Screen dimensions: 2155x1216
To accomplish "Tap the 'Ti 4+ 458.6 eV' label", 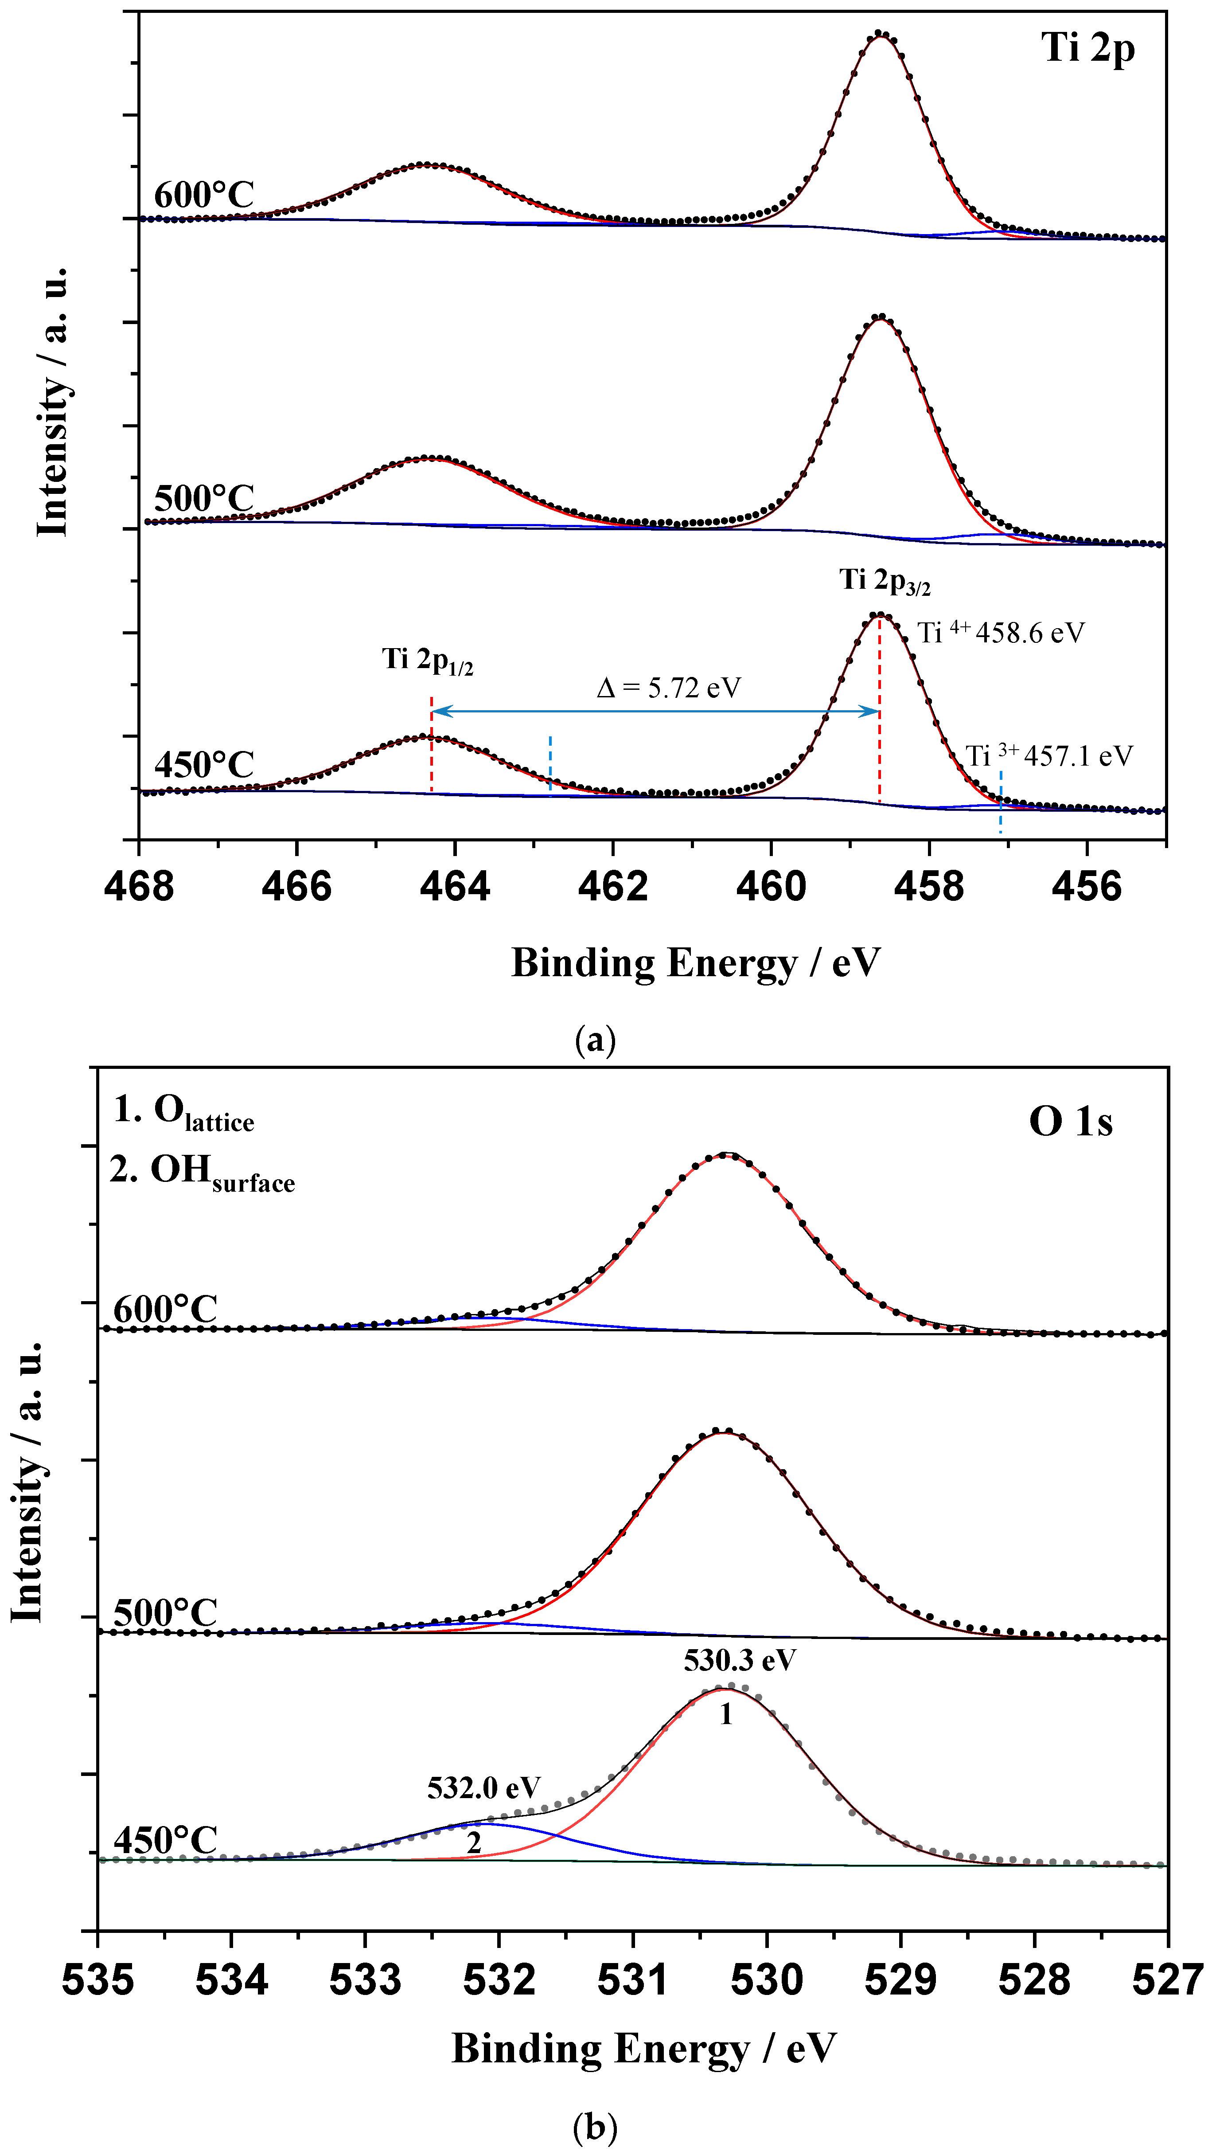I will click(1001, 633).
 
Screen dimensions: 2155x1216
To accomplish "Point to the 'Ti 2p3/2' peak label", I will click(885, 581).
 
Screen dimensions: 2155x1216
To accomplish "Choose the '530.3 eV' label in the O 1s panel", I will click(739, 1660).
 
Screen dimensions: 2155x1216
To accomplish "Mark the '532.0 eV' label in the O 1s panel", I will click(483, 1788).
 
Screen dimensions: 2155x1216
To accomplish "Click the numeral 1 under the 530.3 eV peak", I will click(726, 1714).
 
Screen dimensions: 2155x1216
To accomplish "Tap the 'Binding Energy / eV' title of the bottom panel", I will click(644, 2048).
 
